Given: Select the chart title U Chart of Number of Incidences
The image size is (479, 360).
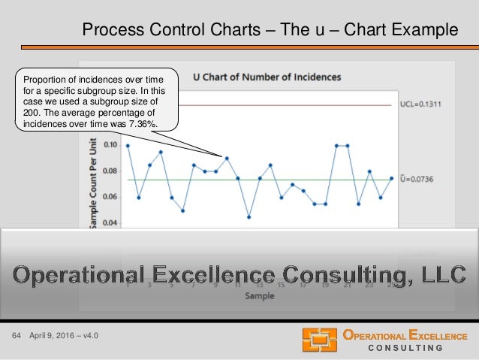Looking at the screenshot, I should (x=267, y=77).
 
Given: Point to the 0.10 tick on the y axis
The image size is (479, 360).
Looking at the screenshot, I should (x=110, y=145).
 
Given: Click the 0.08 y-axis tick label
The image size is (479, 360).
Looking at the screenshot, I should (x=110, y=171).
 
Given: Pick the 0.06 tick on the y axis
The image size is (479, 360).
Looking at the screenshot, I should (x=110, y=197).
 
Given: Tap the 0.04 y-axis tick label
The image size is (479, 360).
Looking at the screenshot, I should (x=110, y=222).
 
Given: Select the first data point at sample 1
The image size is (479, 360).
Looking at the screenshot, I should (x=128, y=146).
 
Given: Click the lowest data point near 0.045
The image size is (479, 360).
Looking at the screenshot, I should (x=249, y=217).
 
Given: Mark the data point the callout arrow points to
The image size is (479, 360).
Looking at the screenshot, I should (x=227, y=159).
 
